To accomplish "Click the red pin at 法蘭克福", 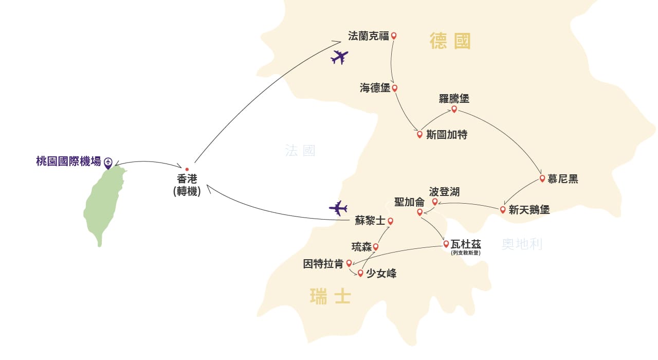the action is click(x=394, y=36).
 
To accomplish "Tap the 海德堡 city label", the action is click(x=375, y=88).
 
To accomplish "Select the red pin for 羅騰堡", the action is click(x=454, y=110).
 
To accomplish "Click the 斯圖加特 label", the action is click(x=447, y=135).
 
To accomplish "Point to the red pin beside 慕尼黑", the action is click(x=542, y=178).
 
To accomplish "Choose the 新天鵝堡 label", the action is click(x=529, y=210).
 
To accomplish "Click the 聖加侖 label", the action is click(x=409, y=202).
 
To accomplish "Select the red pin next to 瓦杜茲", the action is click(x=446, y=244).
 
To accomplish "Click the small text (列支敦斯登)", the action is click(x=466, y=253).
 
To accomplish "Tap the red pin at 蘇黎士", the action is click(x=390, y=221).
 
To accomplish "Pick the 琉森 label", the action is click(x=361, y=247).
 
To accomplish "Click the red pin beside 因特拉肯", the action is click(x=349, y=263).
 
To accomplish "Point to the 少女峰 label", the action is click(x=381, y=274).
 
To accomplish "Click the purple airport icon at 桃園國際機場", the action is click(x=108, y=163).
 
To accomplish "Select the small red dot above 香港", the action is click(x=187, y=170).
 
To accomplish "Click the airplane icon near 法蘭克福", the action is click(x=339, y=57).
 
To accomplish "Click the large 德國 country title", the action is click(x=450, y=41).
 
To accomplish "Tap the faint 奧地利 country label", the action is click(x=522, y=244).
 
